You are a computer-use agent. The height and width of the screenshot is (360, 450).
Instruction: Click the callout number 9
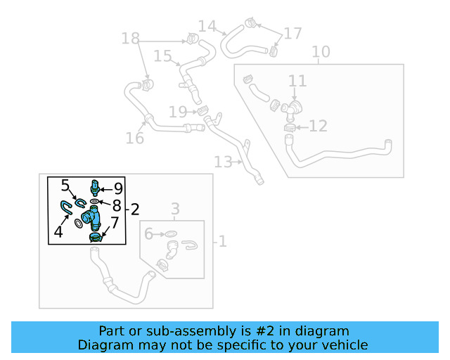point(118,188)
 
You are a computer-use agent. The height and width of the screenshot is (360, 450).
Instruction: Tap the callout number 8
point(117,205)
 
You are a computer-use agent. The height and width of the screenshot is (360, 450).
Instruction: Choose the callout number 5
point(65,186)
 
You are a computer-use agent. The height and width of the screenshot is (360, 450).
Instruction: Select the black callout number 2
point(134,209)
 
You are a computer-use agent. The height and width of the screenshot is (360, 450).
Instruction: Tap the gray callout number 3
point(175,209)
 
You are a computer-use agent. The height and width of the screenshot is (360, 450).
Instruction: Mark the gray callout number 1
point(221,242)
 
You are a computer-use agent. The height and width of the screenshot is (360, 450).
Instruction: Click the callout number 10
point(321,52)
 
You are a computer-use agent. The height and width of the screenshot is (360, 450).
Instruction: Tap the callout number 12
point(318,127)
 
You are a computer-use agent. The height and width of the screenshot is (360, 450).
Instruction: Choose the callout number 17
point(292,33)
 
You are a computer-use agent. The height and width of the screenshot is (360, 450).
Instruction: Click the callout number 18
point(131,38)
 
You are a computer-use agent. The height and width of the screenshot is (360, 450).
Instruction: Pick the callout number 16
point(135,138)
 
